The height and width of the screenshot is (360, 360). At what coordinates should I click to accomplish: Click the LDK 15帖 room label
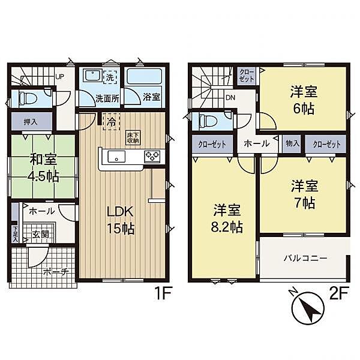121,220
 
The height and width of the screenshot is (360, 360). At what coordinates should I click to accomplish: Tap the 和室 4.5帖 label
44,167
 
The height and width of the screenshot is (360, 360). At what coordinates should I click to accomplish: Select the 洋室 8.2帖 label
227,218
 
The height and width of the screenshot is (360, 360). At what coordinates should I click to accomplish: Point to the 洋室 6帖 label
304,100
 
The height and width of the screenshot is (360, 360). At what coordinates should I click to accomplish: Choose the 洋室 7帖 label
304,194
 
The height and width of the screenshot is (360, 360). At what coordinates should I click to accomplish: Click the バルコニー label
305,259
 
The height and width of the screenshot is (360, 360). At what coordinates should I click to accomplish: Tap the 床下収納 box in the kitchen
133,138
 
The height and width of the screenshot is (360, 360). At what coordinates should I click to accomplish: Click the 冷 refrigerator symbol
112,122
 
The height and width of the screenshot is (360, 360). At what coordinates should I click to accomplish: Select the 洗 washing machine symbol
110,77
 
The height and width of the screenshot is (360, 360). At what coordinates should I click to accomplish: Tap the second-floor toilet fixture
208,120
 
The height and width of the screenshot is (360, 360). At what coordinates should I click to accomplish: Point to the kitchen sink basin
116,157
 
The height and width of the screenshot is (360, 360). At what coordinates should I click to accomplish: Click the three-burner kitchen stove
152,157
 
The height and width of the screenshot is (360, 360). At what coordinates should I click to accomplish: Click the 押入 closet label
31,122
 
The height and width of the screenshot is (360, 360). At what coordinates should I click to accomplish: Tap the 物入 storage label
293,144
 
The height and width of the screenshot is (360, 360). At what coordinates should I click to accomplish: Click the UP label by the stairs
59,76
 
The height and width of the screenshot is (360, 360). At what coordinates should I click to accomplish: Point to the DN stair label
230,98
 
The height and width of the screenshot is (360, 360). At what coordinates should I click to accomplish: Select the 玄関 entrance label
40,235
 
